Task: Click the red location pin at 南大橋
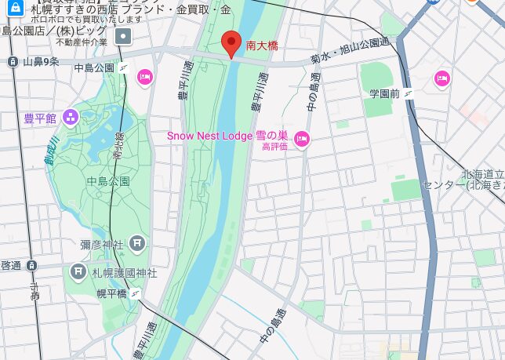pos(231,43)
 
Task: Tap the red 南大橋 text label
pos(262,47)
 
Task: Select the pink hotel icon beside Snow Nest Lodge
pos(302,140)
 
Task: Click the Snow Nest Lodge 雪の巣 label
pos(227,136)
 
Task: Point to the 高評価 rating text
pos(274,147)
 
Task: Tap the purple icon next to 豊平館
pos(71,118)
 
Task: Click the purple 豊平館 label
pos(40,118)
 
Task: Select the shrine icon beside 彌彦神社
pos(138,244)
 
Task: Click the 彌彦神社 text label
pos(103,245)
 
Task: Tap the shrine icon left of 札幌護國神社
pos(78,272)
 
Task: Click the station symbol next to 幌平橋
pos(137,293)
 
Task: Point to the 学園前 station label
pos(384,93)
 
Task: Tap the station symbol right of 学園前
pos(409,93)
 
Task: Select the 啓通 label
pos(11,265)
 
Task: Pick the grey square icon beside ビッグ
pos(124,36)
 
